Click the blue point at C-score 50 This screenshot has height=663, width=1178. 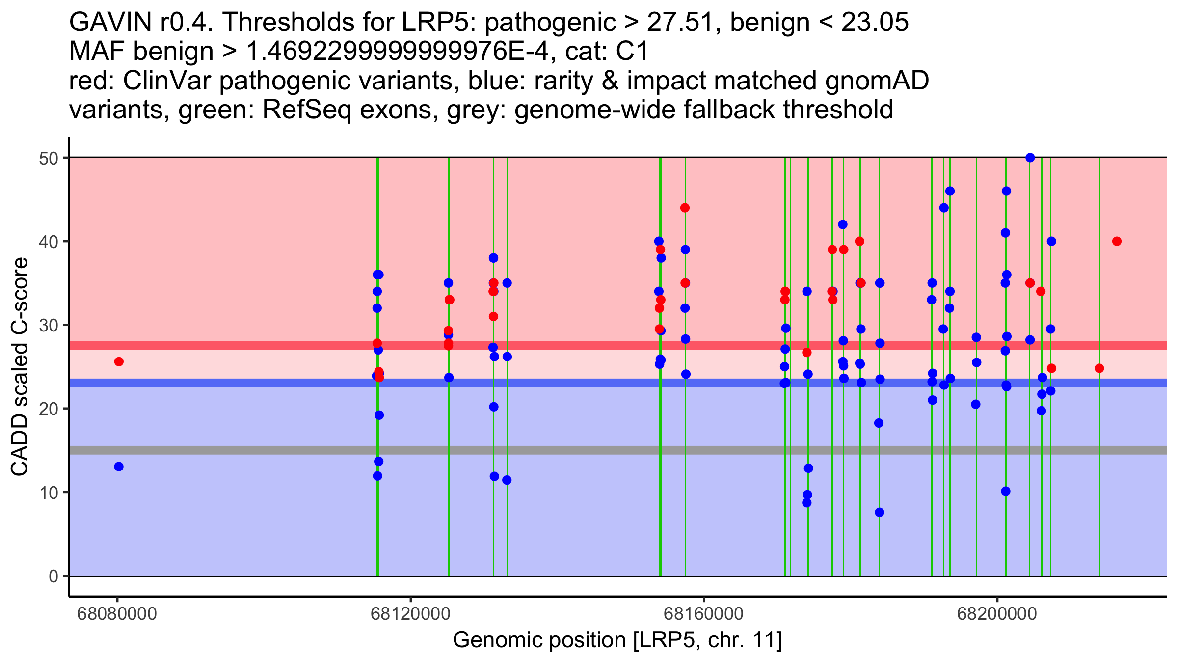pyautogui.click(x=1030, y=158)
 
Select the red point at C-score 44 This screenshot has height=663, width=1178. pyautogui.click(x=685, y=208)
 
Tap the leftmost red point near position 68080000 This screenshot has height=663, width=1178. pyautogui.click(x=119, y=361)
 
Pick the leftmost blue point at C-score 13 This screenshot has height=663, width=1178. pyautogui.click(x=119, y=467)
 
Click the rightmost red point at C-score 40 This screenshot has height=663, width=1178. pyautogui.click(x=1117, y=241)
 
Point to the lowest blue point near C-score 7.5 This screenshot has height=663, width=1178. pyautogui.click(x=880, y=512)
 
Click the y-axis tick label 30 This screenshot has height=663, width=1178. pyautogui.click(x=49, y=325)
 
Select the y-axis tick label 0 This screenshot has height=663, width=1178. pyautogui.click(x=54, y=576)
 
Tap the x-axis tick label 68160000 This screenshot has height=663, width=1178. pyautogui.click(x=704, y=614)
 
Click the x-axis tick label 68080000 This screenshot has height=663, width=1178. pyautogui.click(x=117, y=614)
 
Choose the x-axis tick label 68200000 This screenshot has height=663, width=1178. pyautogui.click(x=997, y=614)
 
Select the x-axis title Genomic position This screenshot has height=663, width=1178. pyautogui.click(x=617, y=640)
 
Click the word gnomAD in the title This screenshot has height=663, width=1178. pyautogui.click(x=877, y=81)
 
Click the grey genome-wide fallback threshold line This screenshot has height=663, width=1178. pyautogui.click(x=589, y=450)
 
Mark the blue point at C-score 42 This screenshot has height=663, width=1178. pyautogui.click(x=843, y=224)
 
